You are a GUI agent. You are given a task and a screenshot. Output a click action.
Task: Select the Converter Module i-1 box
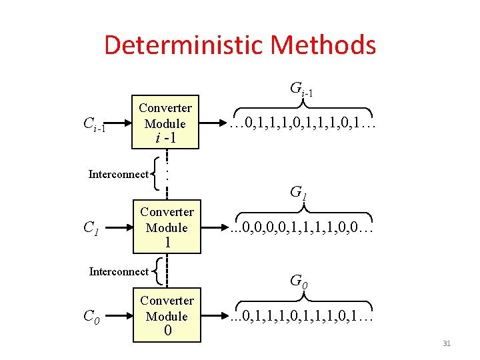tap(165, 123)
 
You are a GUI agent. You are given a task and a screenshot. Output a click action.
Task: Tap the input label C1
tap(91, 228)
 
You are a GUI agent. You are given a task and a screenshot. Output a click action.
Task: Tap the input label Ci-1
tap(94, 124)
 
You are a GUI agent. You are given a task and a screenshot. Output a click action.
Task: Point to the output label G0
tap(299, 281)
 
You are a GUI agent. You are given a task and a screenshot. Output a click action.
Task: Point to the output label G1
tap(299, 193)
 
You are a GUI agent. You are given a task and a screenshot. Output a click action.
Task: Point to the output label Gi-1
tap(302, 88)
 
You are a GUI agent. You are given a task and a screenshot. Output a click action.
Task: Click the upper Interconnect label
tap(119, 175)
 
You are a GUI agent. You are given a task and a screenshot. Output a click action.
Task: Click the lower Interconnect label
tap(119, 271)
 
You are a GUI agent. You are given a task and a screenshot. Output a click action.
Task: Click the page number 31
tap(447, 343)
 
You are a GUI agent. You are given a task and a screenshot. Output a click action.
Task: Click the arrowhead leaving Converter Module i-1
tap(222, 123)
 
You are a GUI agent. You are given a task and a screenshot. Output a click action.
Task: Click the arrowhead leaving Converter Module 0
tap(222, 316)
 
